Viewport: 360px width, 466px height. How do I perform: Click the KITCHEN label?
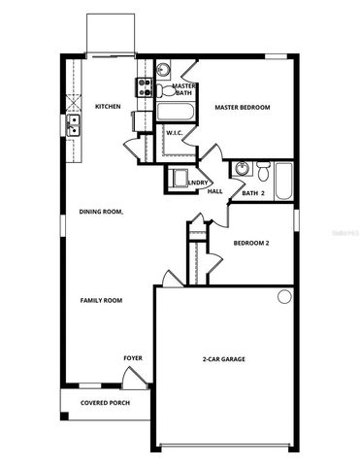click(x=107, y=106)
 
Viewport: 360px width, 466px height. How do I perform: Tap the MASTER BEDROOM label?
click(x=242, y=107)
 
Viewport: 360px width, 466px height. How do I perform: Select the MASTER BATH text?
click(x=184, y=89)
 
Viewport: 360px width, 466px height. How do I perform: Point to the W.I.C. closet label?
click(x=175, y=132)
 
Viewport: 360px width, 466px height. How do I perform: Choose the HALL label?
click(x=215, y=191)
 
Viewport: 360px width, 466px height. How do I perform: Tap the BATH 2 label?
click(x=253, y=194)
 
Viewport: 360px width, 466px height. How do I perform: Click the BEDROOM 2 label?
click(x=251, y=243)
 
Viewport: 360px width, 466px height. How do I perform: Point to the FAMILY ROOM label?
click(x=100, y=301)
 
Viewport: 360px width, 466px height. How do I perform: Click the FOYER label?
click(x=132, y=358)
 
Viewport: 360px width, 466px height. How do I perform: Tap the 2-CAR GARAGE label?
click(x=223, y=359)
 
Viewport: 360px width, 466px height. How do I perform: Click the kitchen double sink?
click(x=74, y=124)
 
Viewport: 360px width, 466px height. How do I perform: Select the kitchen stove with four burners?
click(x=143, y=88)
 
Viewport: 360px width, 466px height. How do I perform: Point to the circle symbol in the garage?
click(x=285, y=297)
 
